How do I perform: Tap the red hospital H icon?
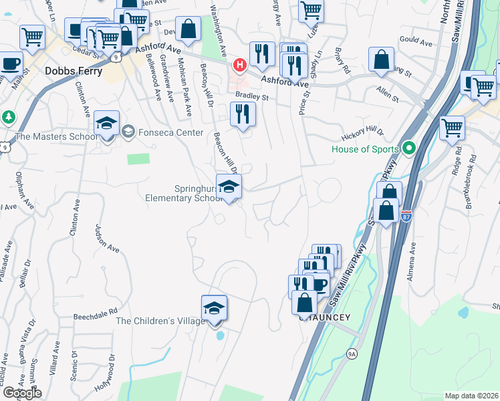(x=239, y=65)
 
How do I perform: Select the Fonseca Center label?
(x=170, y=132)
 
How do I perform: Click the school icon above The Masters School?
(x=106, y=124)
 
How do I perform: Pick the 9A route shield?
(x=352, y=353)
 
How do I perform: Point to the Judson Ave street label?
(x=107, y=238)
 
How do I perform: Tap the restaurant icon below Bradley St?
(x=243, y=114)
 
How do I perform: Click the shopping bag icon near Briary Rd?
(x=380, y=59)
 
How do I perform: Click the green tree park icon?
(x=8, y=116)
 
